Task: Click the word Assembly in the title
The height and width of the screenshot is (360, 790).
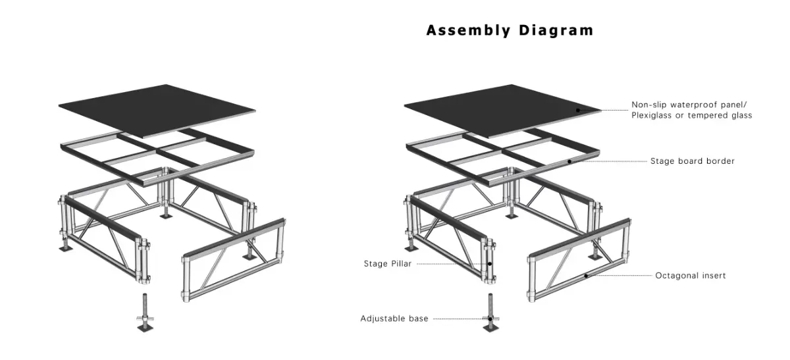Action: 468,30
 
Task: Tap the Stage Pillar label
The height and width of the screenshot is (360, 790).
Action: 387,264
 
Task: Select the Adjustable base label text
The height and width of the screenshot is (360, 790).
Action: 394,319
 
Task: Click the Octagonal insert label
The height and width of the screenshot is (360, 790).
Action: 691,276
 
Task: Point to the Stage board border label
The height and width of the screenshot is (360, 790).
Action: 693,161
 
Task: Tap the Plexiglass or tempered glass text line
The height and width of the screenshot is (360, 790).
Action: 692,115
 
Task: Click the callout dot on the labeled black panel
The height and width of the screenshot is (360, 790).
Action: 578,110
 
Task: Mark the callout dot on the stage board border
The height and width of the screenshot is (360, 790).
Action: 570,161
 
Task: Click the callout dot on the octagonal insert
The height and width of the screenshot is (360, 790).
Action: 586,276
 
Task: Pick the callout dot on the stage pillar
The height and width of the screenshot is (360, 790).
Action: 490,264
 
